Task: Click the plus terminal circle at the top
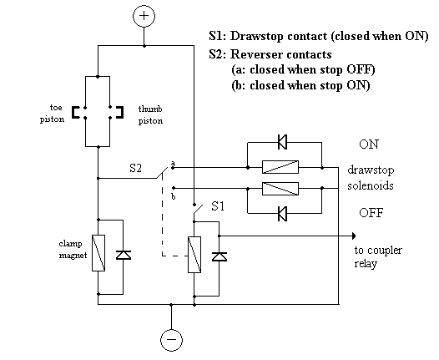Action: point(144,16)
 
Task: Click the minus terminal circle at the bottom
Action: point(171,340)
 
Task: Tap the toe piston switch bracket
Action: point(74,112)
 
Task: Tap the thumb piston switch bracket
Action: point(121,112)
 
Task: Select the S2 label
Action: point(136,168)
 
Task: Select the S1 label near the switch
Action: point(218,206)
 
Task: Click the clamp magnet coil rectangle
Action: point(98,253)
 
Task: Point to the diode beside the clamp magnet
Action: point(124,256)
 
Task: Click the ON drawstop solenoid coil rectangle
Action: point(280,167)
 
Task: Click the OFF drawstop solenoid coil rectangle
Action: point(280,189)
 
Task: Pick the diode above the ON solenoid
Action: point(282,142)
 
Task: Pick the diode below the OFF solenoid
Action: point(282,214)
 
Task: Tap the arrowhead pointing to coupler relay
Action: point(354,236)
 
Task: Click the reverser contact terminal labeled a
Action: point(173,168)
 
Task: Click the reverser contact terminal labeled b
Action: point(174,188)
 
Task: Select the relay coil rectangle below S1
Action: point(194,255)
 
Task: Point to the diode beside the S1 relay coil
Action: point(219,256)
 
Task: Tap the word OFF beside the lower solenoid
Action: point(371,213)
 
